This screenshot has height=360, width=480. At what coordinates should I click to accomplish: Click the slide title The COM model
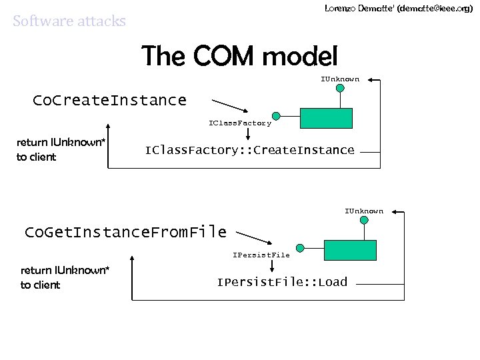[240, 56]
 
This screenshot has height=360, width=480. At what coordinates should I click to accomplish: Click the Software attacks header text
[69, 21]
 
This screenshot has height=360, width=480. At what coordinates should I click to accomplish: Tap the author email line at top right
[399, 9]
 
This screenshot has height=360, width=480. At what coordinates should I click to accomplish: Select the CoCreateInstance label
[109, 101]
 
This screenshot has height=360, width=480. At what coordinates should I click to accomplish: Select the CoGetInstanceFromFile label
[125, 232]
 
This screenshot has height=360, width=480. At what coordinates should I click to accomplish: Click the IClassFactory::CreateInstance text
[249, 150]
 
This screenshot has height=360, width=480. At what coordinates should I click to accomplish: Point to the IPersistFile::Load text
[282, 282]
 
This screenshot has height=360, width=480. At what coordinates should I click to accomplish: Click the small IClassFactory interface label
[240, 123]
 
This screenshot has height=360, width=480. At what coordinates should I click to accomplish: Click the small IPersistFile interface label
[261, 255]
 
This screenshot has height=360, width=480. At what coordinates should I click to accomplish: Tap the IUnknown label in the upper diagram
[340, 79]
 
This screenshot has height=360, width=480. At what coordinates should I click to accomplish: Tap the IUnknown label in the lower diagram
[364, 211]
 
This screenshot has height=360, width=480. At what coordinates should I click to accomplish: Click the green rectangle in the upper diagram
[325, 117]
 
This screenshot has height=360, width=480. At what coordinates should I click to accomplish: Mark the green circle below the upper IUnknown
[340, 87]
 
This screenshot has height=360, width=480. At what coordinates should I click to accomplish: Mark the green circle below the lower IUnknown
[364, 220]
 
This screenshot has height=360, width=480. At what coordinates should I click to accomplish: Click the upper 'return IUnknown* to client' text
[61, 149]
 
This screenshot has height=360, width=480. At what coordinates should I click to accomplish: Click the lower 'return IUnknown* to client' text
[65, 277]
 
